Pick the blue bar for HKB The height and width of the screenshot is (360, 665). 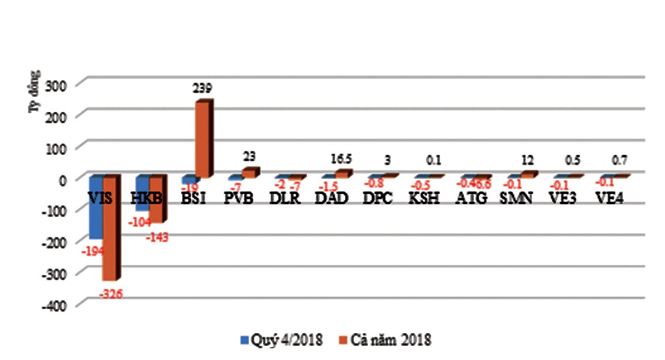[142, 193]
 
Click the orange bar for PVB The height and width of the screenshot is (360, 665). [250, 173]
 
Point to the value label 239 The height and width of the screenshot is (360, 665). [202, 88]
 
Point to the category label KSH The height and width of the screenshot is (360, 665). [424, 198]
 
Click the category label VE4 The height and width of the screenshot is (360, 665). [609, 198]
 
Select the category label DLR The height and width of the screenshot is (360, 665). [286, 198]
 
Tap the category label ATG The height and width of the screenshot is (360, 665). [470, 198]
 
